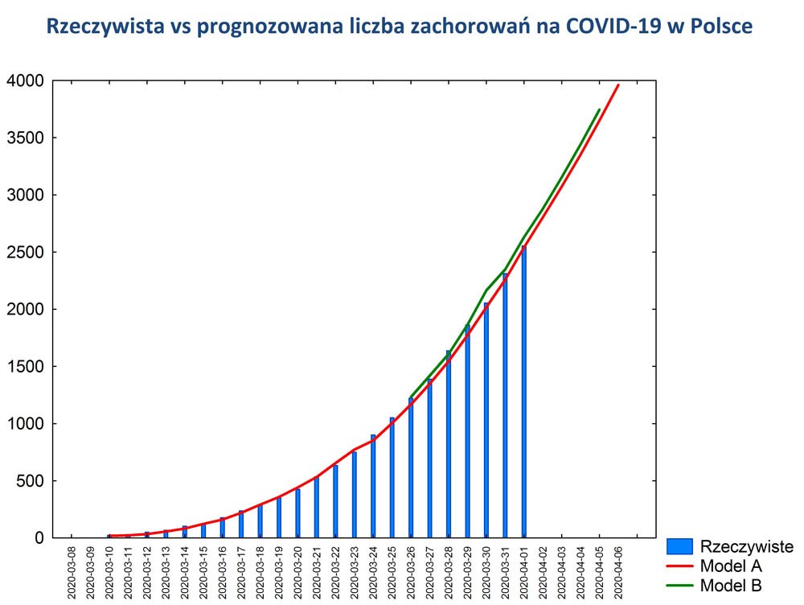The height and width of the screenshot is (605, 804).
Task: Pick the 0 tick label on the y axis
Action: click(39, 538)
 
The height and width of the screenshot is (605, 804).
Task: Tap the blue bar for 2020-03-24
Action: click(373, 486)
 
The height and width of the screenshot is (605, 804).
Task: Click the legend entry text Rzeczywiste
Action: click(747, 547)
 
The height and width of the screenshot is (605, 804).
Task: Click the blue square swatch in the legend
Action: click(679, 547)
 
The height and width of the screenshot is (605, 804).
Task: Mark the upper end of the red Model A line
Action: click(618, 84)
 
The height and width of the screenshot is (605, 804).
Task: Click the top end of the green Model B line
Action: click(599, 109)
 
